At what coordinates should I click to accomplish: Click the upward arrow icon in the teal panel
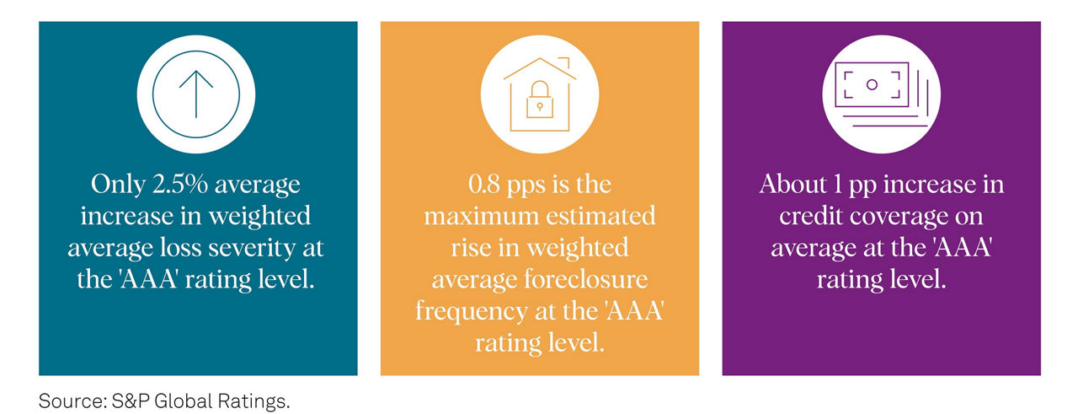(x=196, y=94)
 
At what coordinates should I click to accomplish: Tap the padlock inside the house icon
(x=540, y=99)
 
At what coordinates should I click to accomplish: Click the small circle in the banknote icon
(x=872, y=85)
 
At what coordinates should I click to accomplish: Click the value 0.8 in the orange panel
(x=484, y=184)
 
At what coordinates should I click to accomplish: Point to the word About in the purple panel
(x=793, y=184)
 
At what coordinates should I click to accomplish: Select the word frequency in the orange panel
(x=472, y=312)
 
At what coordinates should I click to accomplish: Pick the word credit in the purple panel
(x=810, y=216)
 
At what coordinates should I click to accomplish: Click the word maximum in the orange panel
(x=481, y=216)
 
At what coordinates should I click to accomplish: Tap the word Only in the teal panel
(x=118, y=185)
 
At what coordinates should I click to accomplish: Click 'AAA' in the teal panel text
(x=148, y=280)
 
